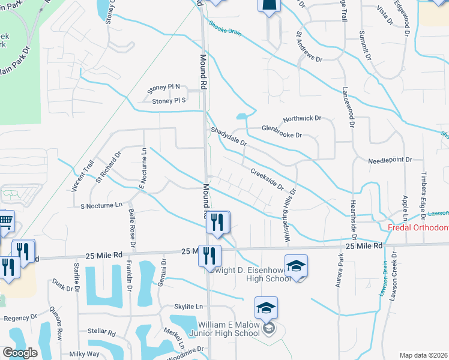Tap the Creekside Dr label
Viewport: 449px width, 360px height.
(x=267, y=179)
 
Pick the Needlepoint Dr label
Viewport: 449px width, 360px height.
(x=390, y=160)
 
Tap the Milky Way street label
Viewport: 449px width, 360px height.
(x=85, y=354)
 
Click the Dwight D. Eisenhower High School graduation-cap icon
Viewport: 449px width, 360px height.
(x=296, y=265)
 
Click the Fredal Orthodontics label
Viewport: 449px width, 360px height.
(x=418, y=227)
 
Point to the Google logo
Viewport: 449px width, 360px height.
(x=20, y=353)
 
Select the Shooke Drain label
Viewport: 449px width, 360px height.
(x=225, y=28)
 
